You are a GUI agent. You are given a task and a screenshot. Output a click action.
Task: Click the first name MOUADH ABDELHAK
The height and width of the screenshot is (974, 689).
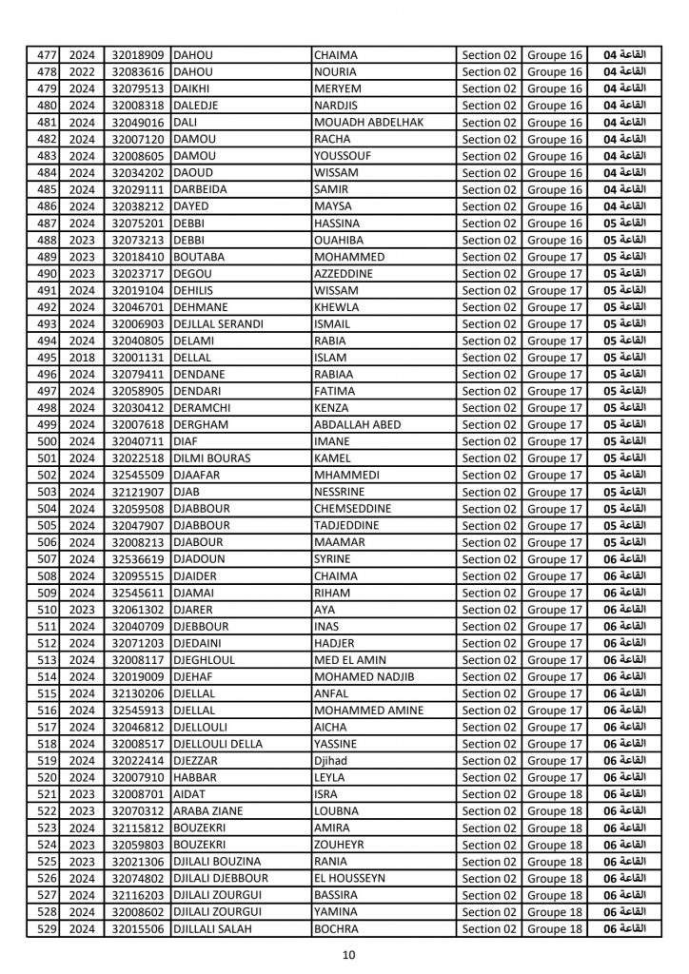click(x=368, y=123)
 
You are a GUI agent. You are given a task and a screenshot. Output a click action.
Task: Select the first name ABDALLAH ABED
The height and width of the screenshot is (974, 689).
click(x=364, y=425)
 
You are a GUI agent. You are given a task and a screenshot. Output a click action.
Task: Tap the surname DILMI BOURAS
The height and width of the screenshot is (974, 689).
click(x=211, y=458)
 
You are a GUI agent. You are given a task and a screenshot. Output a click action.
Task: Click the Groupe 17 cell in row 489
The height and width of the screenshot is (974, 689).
click(x=555, y=257)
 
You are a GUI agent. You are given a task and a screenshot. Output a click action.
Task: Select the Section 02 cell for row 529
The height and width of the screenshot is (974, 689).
click(x=488, y=928)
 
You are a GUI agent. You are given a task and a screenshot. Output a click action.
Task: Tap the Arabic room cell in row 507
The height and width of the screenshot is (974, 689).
click(x=626, y=559)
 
